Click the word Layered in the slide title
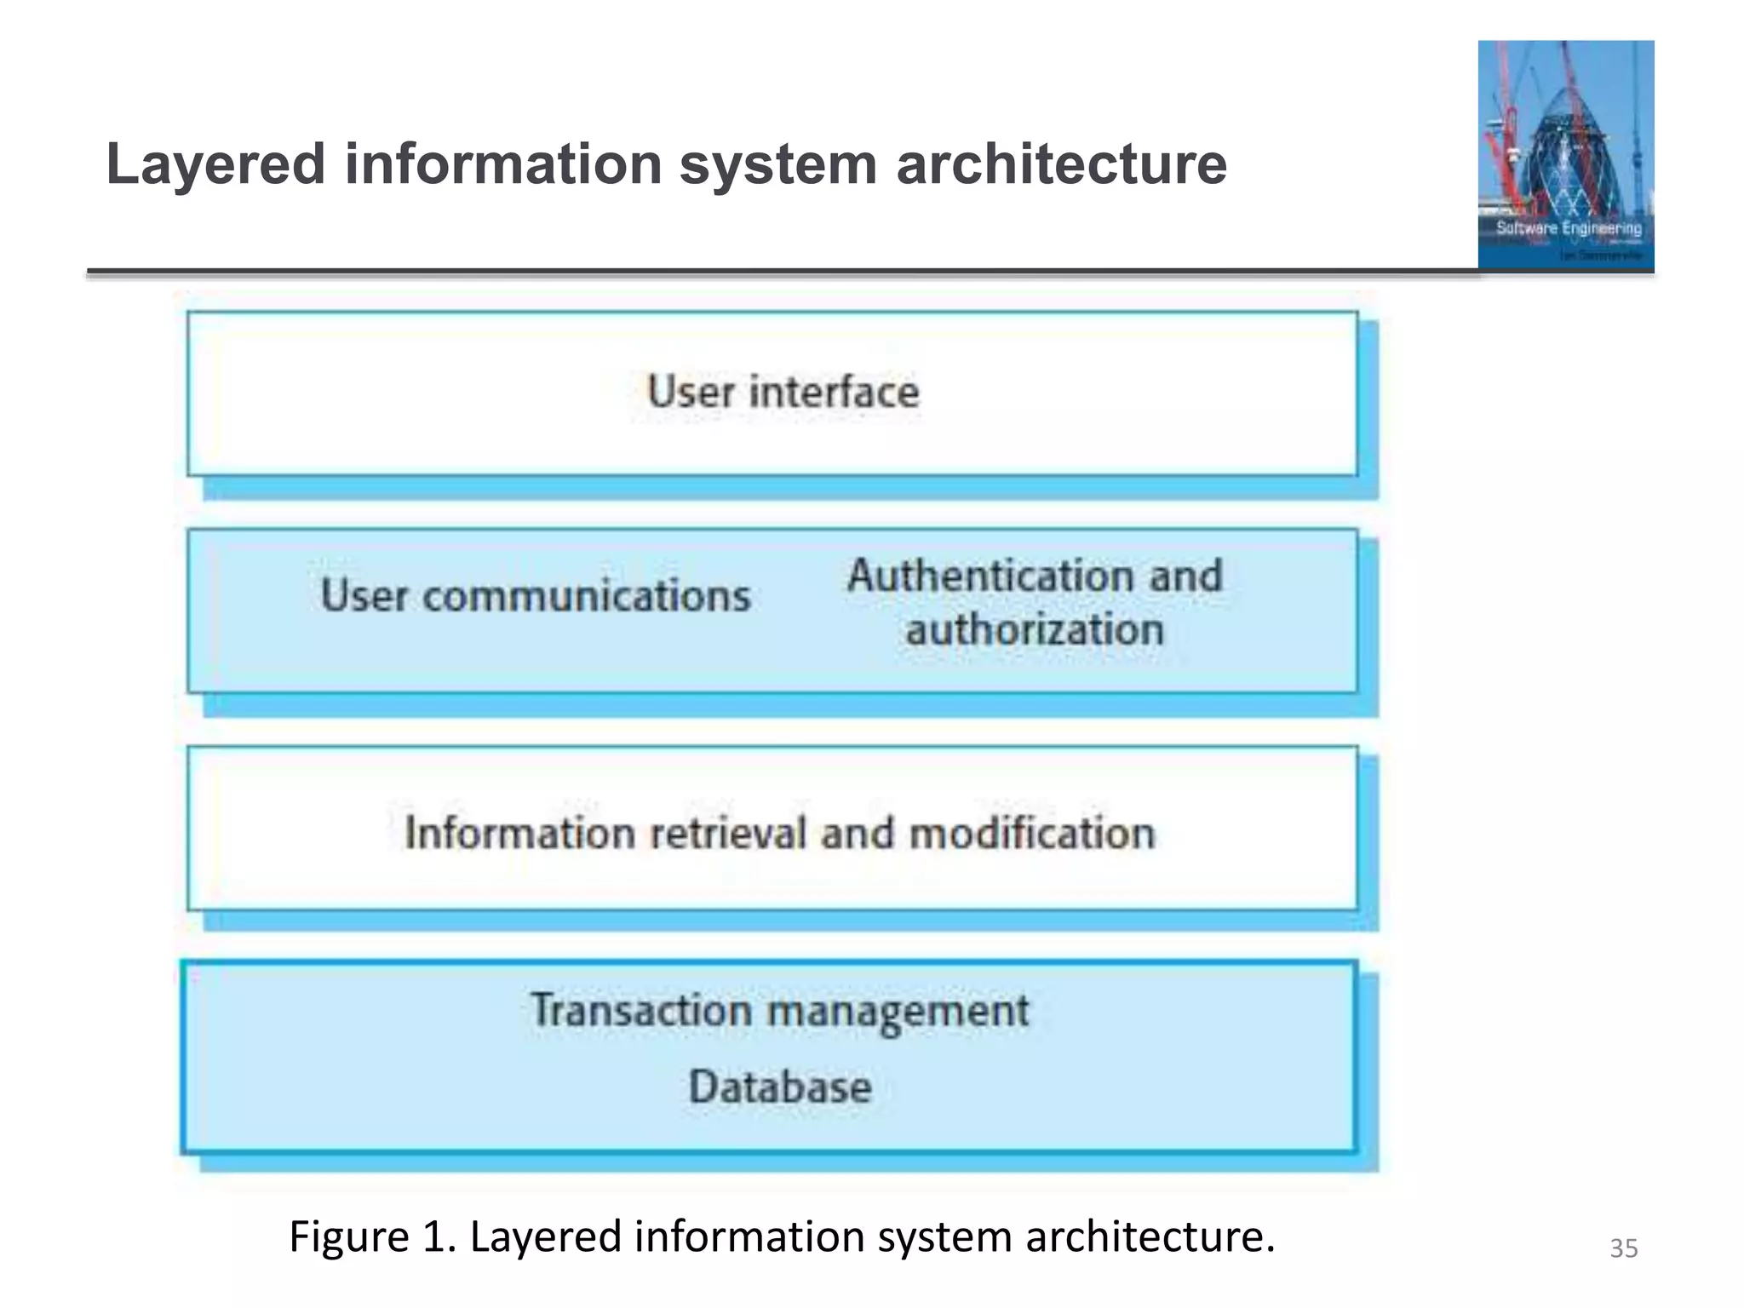(215, 164)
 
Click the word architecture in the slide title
(1061, 164)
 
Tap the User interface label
(783, 392)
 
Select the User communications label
(536, 595)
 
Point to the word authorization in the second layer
(1034, 630)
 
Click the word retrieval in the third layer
(727, 833)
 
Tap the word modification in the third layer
(1032, 833)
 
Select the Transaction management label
(780, 1012)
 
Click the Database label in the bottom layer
(780, 1087)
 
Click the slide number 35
(1623, 1248)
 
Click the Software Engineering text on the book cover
(1569, 228)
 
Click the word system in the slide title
(777, 164)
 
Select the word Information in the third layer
(519, 833)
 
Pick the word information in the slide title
(503, 164)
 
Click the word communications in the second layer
(587, 595)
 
